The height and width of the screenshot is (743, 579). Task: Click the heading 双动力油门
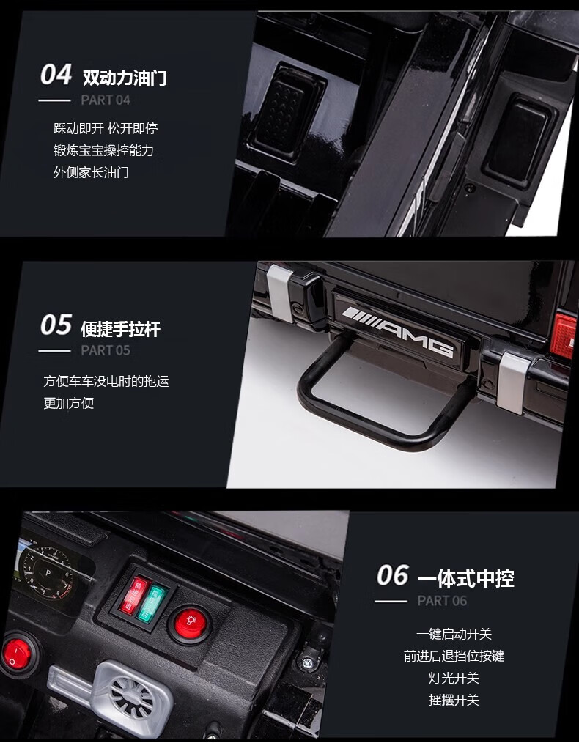coord(125,78)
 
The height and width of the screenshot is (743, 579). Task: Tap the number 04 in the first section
coord(56,75)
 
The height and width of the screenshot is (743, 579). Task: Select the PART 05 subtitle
coord(106,350)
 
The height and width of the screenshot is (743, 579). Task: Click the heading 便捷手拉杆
coord(120,329)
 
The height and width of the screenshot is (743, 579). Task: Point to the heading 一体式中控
coord(465,578)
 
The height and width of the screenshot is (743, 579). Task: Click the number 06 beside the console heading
coord(392,576)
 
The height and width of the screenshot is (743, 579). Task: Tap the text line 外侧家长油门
coord(91,172)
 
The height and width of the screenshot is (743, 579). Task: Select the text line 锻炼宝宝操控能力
coord(103,150)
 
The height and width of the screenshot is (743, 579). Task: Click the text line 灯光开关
coord(454,678)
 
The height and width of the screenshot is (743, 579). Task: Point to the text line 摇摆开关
coord(454,700)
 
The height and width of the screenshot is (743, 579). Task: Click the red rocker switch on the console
coord(132,595)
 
